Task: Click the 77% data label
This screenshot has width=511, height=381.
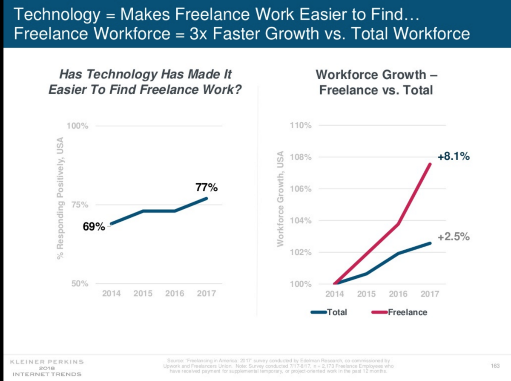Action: [x=207, y=187]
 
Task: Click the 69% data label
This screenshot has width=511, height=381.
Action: [x=94, y=227]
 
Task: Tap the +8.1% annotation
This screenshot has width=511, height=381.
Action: [x=454, y=157]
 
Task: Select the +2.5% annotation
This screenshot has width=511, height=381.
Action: [x=454, y=237]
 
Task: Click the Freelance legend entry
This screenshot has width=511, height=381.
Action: [x=407, y=312]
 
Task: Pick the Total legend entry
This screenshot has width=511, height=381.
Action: [x=336, y=312]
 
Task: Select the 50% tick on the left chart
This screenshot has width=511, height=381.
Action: [x=80, y=284]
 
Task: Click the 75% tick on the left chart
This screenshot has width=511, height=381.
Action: [x=80, y=205]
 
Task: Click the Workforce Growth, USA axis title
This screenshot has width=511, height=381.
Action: [x=280, y=199]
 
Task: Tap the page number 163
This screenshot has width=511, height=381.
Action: [x=495, y=366]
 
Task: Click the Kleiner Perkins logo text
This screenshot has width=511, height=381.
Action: [x=46, y=362]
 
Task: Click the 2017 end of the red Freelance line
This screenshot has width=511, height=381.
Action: [x=429, y=165]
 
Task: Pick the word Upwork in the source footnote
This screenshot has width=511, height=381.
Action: [x=172, y=366]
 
